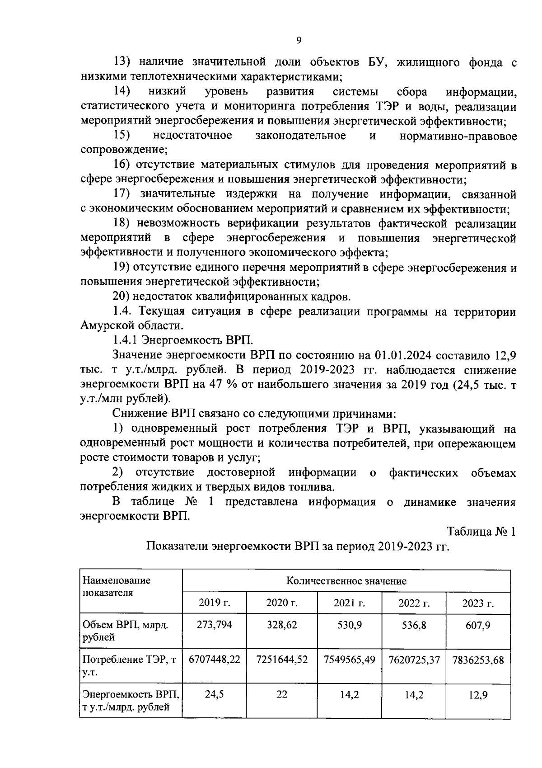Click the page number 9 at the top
[x=299, y=40]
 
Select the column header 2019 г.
[x=215, y=603]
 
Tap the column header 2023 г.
[x=478, y=603]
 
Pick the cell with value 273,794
[x=215, y=625]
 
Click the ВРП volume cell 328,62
[x=282, y=625]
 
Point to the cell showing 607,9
[x=478, y=626]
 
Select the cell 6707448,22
[x=215, y=660]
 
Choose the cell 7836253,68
[x=478, y=660]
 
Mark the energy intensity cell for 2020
[x=282, y=694]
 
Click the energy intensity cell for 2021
[x=350, y=694]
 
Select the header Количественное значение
[x=346, y=581]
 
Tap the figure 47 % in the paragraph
[x=220, y=385]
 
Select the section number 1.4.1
[x=125, y=340]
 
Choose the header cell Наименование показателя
[x=116, y=586]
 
